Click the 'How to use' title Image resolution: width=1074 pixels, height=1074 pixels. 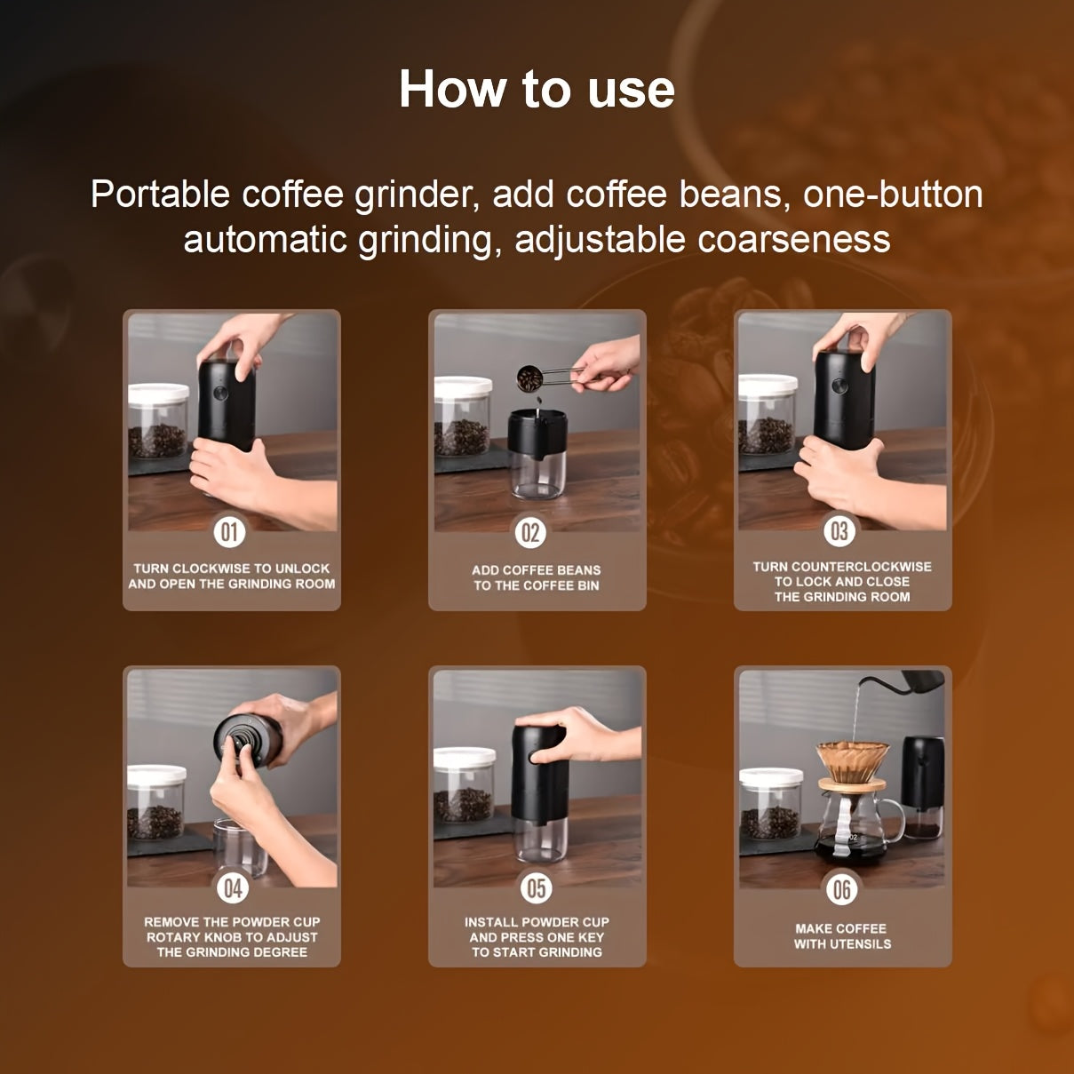pyautogui.click(x=537, y=90)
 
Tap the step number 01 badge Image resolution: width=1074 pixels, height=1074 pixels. pyautogui.click(x=229, y=532)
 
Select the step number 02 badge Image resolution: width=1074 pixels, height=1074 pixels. pyautogui.click(x=530, y=533)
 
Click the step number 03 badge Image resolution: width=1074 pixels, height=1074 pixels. pyautogui.click(x=839, y=531)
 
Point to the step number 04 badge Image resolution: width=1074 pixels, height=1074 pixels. pyautogui.click(x=233, y=887)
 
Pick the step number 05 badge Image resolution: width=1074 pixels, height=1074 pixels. pyautogui.click(x=537, y=887)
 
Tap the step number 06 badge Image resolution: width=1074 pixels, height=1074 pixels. pyautogui.click(x=841, y=889)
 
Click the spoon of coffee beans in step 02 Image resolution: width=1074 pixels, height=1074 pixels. pyautogui.click(x=530, y=379)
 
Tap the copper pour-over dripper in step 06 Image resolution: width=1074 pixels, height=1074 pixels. pyautogui.click(x=852, y=760)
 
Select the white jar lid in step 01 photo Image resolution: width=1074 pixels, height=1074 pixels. pyautogui.click(x=158, y=392)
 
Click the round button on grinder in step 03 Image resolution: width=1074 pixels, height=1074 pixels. pyautogui.click(x=838, y=386)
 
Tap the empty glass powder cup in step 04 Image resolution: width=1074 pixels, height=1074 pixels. pyautogui.click(x=239, y=847)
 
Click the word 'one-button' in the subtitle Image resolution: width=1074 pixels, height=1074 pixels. pyautogui.click(x=893, y=195)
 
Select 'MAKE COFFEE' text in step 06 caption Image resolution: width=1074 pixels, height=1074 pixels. pyautogui.click(x=840, y=928)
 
